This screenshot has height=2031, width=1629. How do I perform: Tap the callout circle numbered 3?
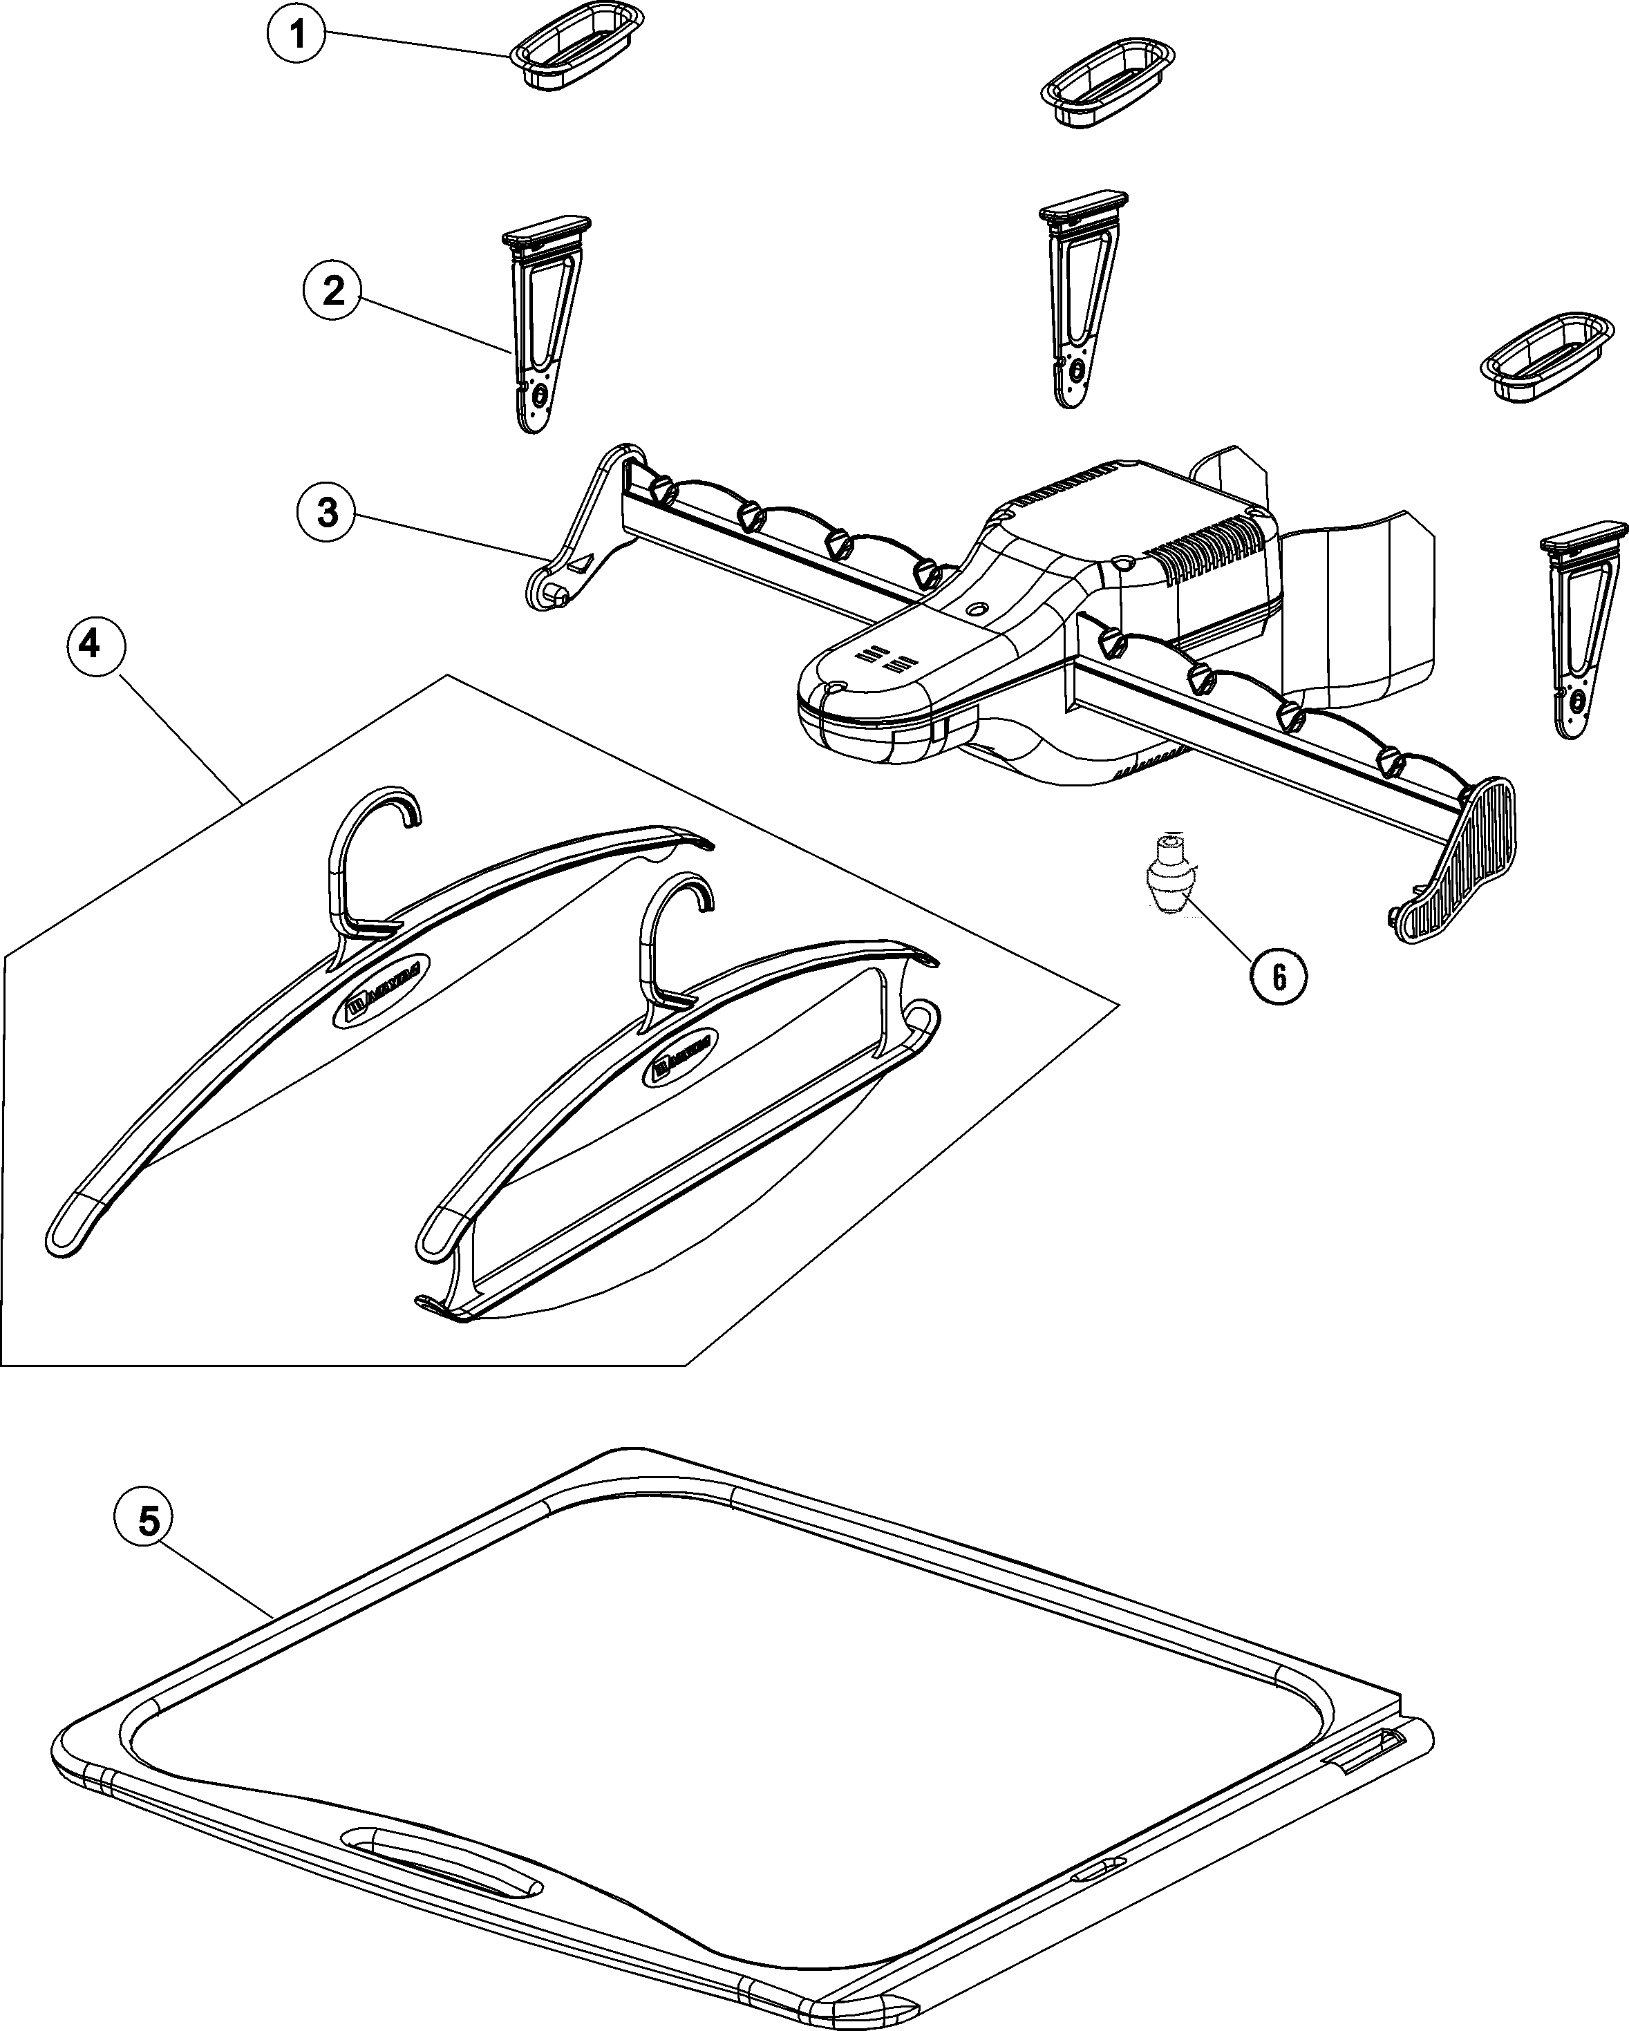tap(327, 513)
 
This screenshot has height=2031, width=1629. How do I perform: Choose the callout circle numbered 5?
tap(149, 1522)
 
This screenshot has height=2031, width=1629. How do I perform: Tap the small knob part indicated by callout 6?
tap(1168, 877)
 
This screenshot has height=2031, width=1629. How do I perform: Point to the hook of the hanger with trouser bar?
tap(674, 933)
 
